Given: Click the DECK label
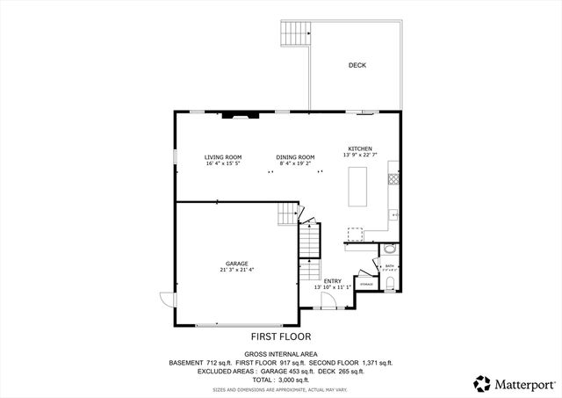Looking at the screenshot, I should pyautogui.click(x=357, y=66).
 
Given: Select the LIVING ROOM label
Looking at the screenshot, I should pyautogui.click(x=223, y=157).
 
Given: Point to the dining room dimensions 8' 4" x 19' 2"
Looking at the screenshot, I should pyautogui.click(x=295, y=163).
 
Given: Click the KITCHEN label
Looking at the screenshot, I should pyautogui.click(x=360, y=148).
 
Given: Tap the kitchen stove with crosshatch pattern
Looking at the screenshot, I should pyautogui.click(x=394, y=178).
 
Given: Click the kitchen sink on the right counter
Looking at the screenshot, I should pyautogui.click(x=395, y=213).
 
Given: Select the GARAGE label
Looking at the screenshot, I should pyautogui.click(x=236, y=264).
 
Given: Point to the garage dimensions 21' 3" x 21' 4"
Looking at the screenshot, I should pyautogui.click(x=236, y=270).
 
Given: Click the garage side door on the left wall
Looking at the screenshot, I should pyautogui.click(x=167, y=300).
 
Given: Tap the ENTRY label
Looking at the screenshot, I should pyautogui.click(x=333, y=281).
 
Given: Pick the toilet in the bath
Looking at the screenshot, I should pyautogui.click(x=390, y=282).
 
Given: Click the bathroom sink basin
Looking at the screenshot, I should pyautogui.click(x=391, y=250).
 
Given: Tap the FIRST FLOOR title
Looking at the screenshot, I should pyautogui.click(x=281, y=336).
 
